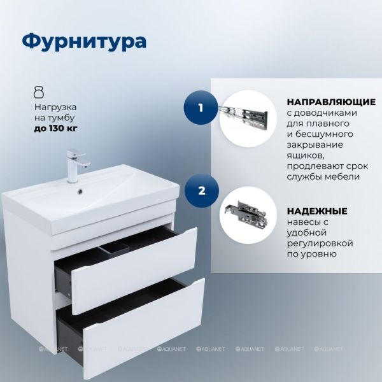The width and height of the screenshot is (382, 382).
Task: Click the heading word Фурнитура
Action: click(84, 41)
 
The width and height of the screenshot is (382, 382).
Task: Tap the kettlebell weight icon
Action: click(39, 92)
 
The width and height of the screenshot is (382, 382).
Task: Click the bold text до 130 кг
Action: click(55, 128)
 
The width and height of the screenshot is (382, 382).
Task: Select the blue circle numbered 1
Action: click(201, 108)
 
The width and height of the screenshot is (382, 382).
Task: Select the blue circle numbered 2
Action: click(201, 191)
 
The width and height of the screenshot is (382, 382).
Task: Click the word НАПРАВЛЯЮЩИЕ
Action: click(331, 102)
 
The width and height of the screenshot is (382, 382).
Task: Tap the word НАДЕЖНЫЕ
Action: click(317, 211)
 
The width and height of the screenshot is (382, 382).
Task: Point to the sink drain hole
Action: click(80, 192)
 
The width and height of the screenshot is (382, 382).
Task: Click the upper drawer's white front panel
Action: click(134, 271)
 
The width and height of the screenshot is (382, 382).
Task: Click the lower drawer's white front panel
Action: click(145, 329)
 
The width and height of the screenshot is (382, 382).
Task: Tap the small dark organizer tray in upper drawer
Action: click(114, 249)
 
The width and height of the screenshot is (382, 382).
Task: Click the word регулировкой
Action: click(320, 244)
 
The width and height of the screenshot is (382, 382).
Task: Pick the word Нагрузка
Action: click(55, 107)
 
